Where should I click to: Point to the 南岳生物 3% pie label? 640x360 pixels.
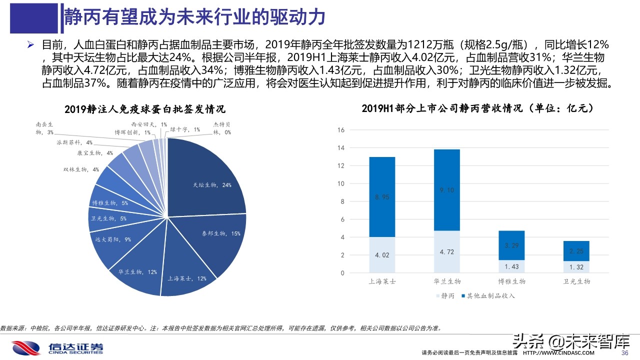tap(45, 129)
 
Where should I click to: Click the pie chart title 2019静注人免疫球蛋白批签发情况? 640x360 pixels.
tap(144, 108)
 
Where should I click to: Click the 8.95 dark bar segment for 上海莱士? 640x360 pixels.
tap(382, 197)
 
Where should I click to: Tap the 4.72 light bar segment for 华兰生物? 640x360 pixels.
tap(447, 251)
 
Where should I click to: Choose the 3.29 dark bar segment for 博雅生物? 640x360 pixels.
tap(511, 245)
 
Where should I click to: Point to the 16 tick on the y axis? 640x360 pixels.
tap(341, 130)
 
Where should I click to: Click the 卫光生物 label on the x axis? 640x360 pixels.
tap(576, 281)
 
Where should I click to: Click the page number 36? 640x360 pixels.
tap(624, 353)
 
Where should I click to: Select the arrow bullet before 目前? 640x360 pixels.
tap(31, 45)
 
